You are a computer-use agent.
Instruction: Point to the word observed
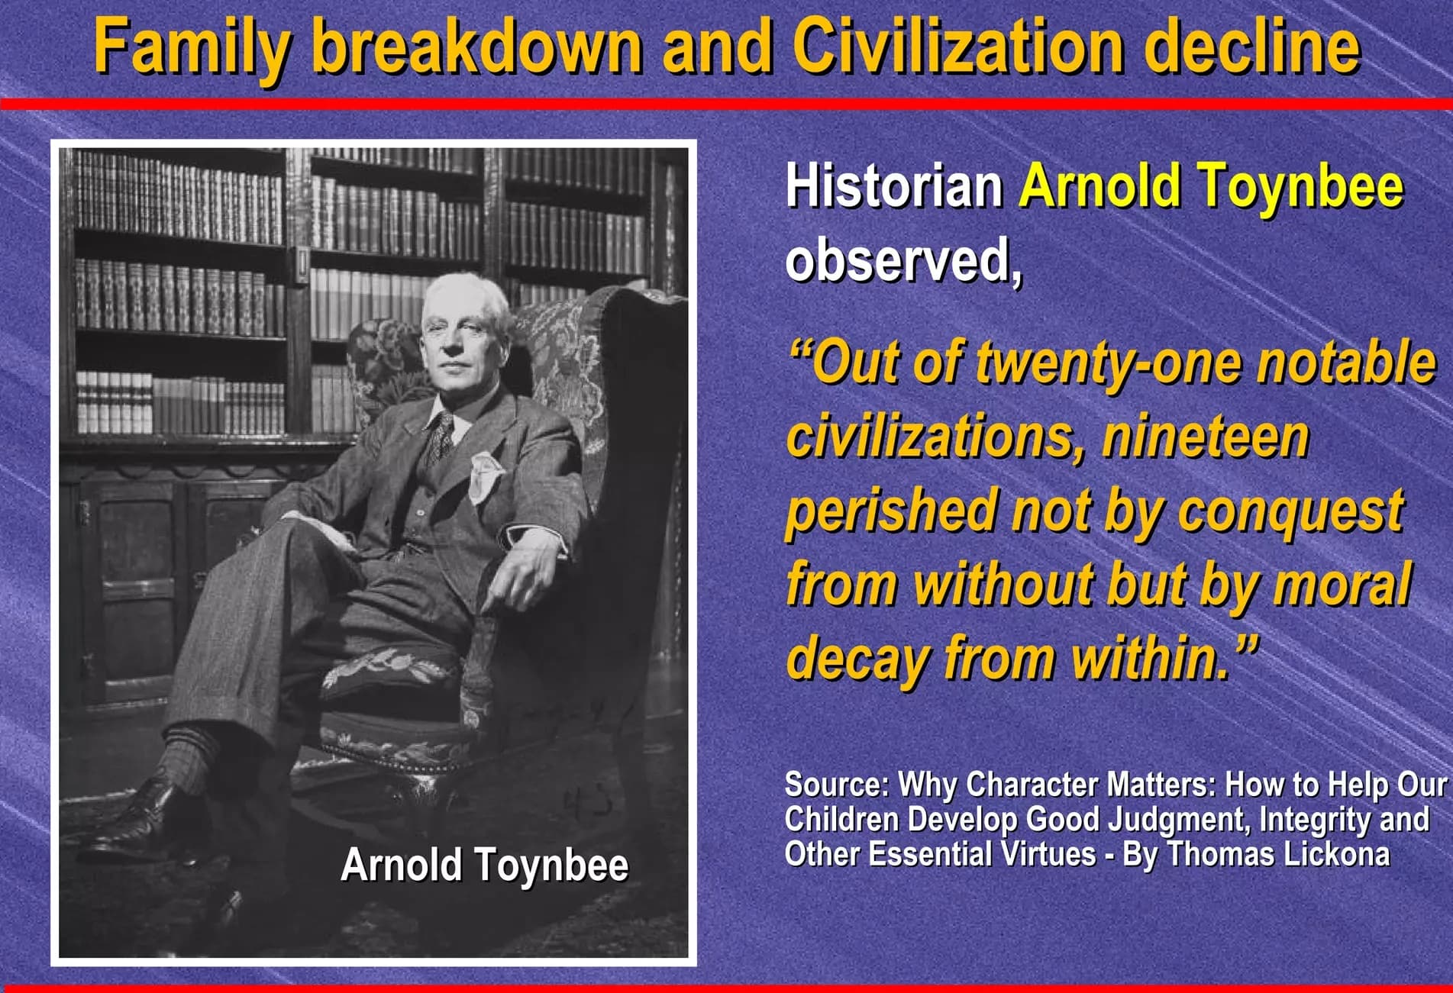[x=903, y=260]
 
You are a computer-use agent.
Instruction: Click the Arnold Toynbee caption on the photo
[x=485, y=865]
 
